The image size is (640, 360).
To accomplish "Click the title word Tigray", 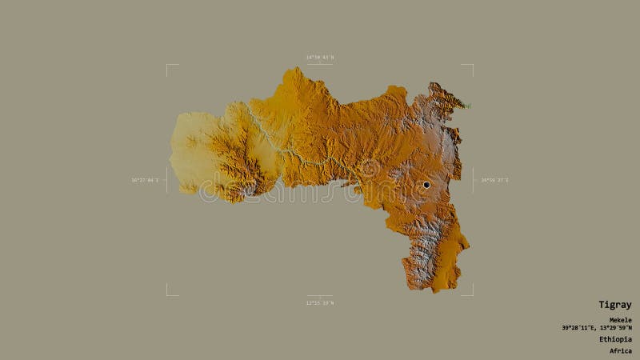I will click(615, 305).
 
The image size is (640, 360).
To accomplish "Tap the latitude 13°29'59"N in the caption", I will click(614, 328).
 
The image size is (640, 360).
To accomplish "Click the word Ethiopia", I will click(615, 339).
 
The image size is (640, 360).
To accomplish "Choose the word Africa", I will click(620, 350).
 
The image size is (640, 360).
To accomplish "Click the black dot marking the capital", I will click(426, 185).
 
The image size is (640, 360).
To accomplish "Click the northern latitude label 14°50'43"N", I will click(320, 58).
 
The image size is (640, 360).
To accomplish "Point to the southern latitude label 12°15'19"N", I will click(320, 302).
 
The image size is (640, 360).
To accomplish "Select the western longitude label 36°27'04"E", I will click(145, 180).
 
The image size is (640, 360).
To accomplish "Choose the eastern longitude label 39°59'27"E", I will click(494, 180).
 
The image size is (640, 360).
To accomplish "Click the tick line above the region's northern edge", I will click(320, 65).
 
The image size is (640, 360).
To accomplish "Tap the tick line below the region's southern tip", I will click(320, 295).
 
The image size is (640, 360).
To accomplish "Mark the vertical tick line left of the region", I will click(166, 180).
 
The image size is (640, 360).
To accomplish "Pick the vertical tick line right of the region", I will click(473, 180).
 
